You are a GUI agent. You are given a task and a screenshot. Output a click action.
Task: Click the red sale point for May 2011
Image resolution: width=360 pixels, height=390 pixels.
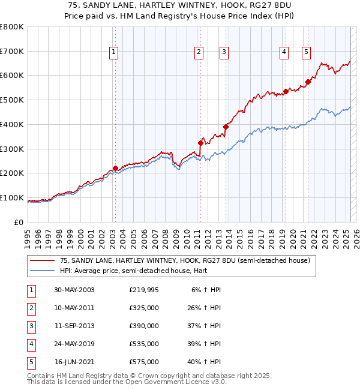pos(201,143)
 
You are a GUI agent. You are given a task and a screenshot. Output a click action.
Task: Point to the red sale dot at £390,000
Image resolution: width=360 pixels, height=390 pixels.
pos(226,127)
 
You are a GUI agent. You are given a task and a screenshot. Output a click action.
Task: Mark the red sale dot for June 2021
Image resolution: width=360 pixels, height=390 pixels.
pos(308,82)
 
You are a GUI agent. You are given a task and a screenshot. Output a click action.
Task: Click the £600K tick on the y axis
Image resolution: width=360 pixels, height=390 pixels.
pos(12,76)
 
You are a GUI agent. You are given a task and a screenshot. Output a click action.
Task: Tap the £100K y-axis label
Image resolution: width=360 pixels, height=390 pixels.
pos(12,197)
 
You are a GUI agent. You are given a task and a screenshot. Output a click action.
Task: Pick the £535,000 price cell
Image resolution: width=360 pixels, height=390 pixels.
pos(144,344)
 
